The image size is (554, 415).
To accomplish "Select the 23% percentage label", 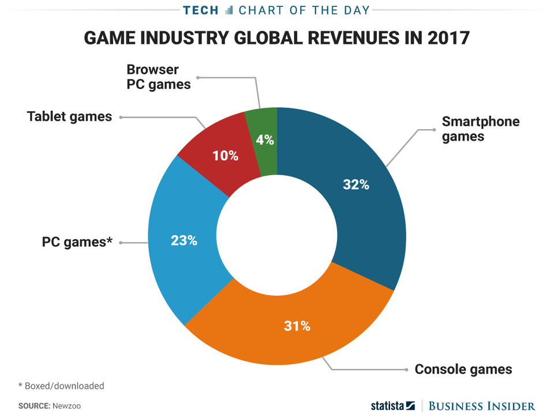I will coord(184,240).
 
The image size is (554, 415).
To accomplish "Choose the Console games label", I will coord(463,369).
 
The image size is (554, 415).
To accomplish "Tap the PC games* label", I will coord(77,242).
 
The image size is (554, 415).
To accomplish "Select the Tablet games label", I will coord(69,116).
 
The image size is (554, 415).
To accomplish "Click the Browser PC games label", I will coord(159,77).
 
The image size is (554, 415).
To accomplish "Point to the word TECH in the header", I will coord(201,10).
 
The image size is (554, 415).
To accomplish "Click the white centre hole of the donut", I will coord(277,236).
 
